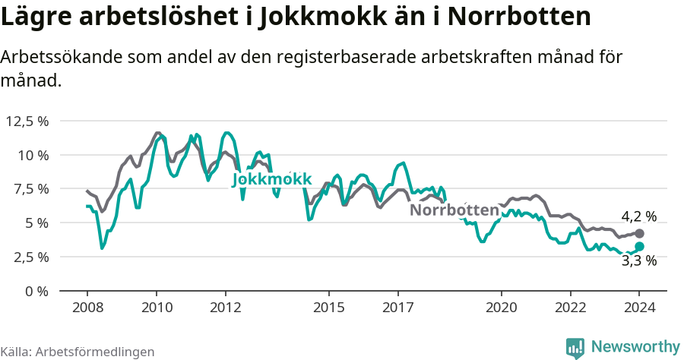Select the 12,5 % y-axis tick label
[27, 121]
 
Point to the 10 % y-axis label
[33, 155]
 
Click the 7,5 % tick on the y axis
[30, 188]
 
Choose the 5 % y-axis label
[36, 223]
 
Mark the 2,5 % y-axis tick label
[30, 257]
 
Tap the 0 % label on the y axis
[36, 291]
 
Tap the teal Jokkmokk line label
[272, 178]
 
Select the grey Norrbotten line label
[454, 210]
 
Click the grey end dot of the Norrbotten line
[639, 233]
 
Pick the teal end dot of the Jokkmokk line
[639, 246]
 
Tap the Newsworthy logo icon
[575, 347]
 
